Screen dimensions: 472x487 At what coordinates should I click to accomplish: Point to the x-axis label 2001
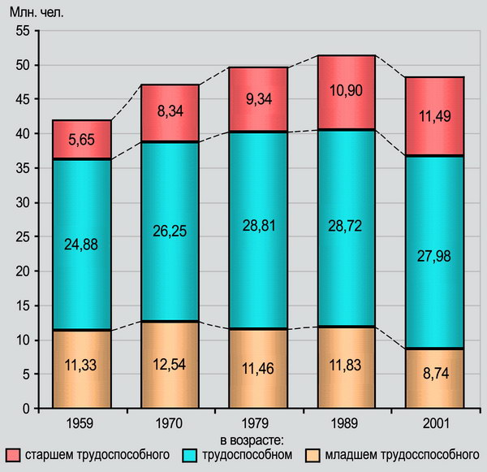point(429,422)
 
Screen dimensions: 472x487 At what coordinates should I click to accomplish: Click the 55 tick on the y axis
point(23,30)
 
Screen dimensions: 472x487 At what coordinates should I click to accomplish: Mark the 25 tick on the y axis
point(23,236)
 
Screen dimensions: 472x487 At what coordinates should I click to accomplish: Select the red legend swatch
point(13,453)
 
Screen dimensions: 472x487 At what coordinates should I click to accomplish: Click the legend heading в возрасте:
point(247,439)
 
